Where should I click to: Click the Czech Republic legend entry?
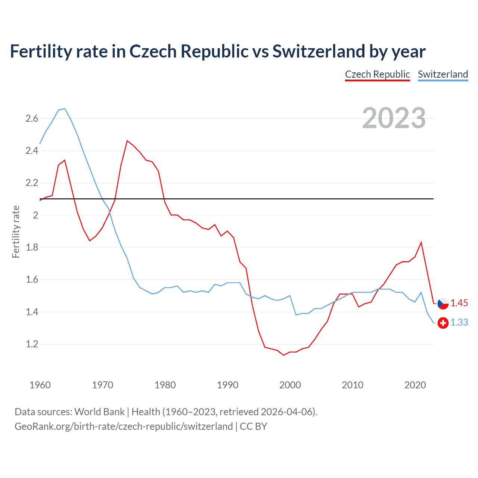(377, 74)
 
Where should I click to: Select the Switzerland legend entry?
(443, 74)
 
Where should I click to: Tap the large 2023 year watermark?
(394, 118)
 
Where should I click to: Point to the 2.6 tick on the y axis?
(32, 119)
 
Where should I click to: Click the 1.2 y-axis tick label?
(32, 344)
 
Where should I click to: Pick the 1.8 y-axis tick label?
(32, 248)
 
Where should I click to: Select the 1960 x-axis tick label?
(40, 385)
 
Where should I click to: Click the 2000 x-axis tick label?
(290, 385)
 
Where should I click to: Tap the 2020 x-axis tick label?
(415, 385)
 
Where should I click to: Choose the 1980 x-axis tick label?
(165, 385)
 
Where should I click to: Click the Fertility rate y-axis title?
(16, 232)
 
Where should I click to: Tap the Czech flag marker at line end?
(443, 304)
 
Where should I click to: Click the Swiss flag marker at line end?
(443, 323)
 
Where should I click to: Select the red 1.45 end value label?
(459, 303)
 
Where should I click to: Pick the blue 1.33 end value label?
(459, 322)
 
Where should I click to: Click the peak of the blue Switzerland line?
(65, 109)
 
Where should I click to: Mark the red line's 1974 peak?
(127, 141)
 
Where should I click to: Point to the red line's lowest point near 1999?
(283, 355)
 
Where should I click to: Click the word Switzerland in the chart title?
(318, 52)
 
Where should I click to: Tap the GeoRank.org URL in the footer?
(123, 426)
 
